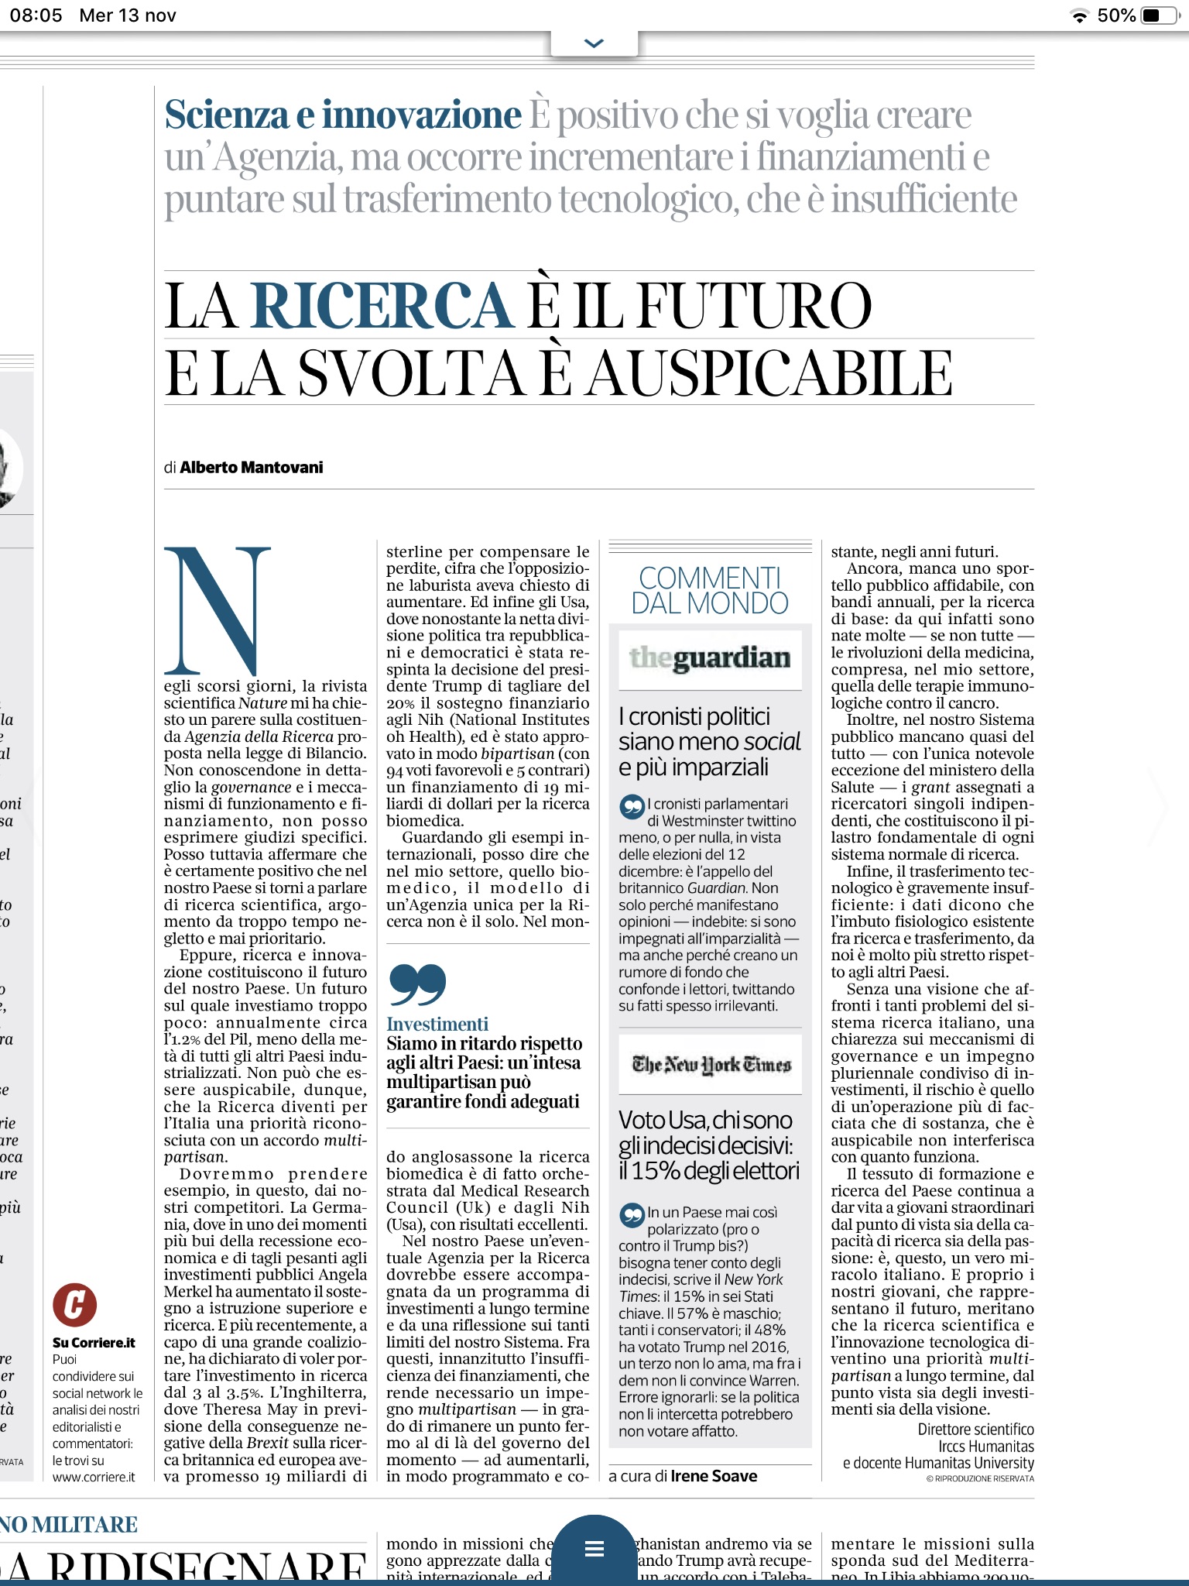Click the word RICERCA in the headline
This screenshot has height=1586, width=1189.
point(382,307)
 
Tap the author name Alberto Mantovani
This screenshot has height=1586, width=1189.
point(252,467)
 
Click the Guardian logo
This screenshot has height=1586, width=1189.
point(710,658)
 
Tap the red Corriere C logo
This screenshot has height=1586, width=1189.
point(74,1304)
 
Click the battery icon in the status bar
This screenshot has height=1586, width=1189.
point(1160,15)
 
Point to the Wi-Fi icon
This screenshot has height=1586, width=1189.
point(1079,16)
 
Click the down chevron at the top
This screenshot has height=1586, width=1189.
point(594,43)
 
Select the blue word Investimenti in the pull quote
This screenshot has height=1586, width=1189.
point(437,1024)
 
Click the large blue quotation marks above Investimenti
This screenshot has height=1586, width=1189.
point(418,984)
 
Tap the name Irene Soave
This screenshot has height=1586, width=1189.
point(714,1476)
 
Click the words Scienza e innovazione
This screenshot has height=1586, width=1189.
point(343,115)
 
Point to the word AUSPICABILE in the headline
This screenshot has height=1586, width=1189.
point(769,374)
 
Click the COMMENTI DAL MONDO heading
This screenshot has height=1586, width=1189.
point(710,590)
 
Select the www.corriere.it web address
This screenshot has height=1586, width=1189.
point(94,1477)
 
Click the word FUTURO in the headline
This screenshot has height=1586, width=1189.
point(755,307)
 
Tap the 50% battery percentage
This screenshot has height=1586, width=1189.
point(1116,15)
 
